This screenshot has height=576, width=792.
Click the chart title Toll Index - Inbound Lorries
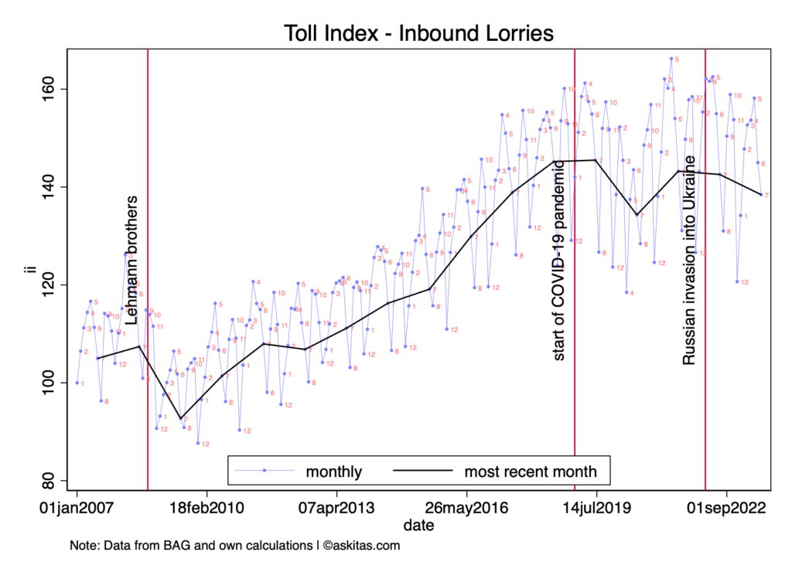pyautogui.click(x=418, y=33)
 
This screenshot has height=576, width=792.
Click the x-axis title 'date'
pyautogui.click(x=418, y=525)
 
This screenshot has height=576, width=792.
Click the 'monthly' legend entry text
pyautogui.click(x=334, y=471)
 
